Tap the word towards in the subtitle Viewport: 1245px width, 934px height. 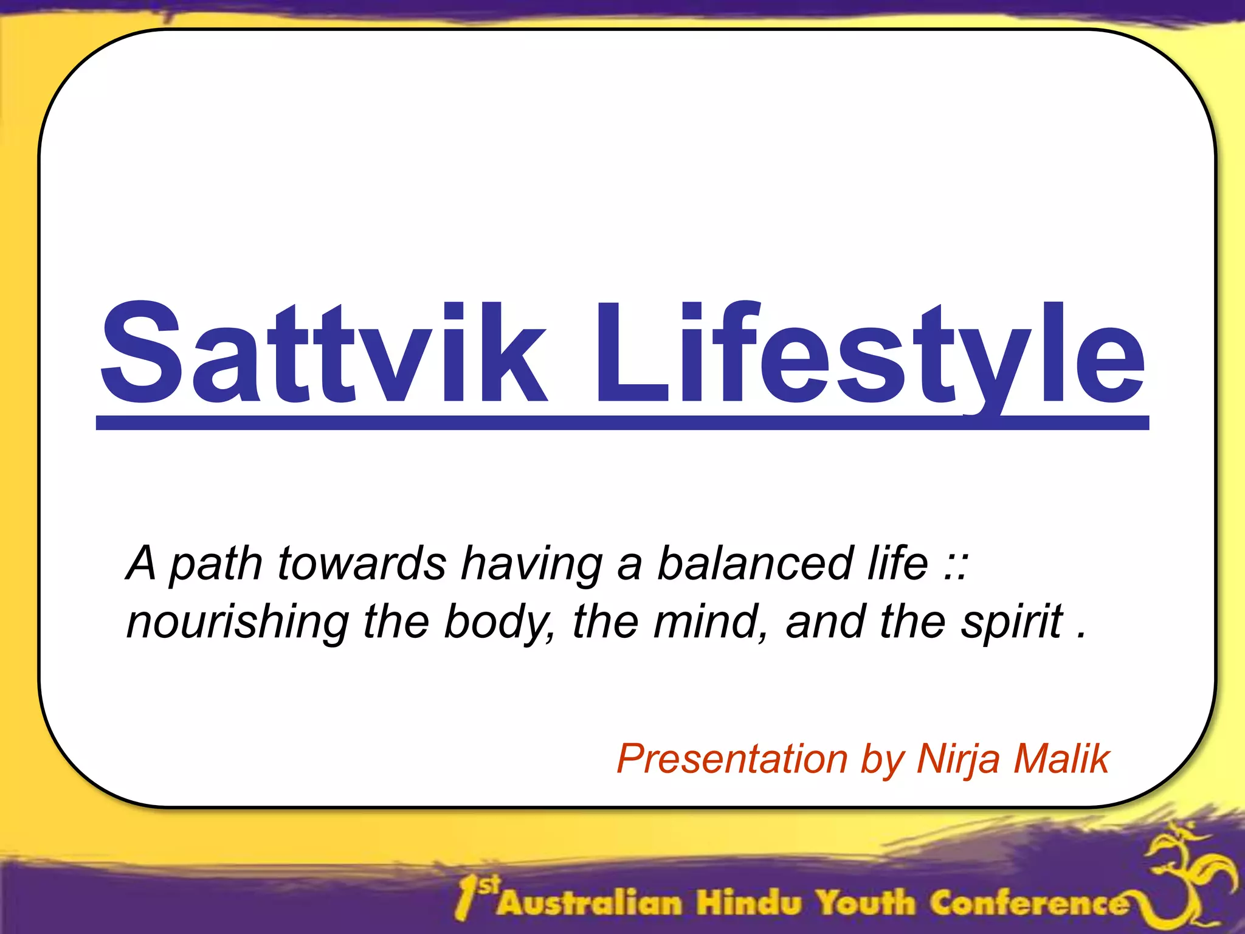tap(362, 563)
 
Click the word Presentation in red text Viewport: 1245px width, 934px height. tap(732, 759)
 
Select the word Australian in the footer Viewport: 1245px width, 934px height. tap(590, 902)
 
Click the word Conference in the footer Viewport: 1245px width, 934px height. tap(1027, 902)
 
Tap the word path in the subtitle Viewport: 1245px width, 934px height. tap(216, 564)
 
